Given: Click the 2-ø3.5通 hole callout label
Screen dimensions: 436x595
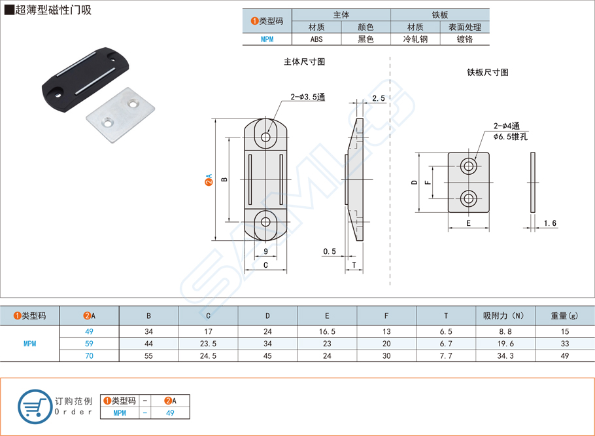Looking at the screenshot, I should pyautogui.click(x=308, y=97).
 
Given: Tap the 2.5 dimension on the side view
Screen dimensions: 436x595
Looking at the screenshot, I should pyautogui.click(x=377, y=98).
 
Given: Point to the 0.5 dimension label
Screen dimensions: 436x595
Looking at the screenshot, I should pyautogui.click(x=330, y=251).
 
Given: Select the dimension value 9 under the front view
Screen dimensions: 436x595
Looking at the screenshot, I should pyautogui.click(x=265, y=251).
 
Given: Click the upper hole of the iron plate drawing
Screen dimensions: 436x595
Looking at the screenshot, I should pyautogui.click(x=469, y=166).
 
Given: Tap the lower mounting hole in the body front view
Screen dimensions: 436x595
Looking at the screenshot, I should pyautogui.click(x=265, y=222).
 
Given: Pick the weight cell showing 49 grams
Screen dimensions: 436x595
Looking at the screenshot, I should pyautogui.click(x=564, y=355).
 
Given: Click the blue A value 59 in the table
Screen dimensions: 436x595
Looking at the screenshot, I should pyautogui.click(x=89, y=344).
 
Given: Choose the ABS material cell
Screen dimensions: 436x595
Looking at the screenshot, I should pyautogui.click(x=316, y=39).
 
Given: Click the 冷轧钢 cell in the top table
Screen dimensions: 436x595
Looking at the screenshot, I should pyautogui.click(x=415, y=39).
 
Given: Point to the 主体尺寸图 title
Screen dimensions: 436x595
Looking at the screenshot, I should pyautogui.click(x=304, y=62).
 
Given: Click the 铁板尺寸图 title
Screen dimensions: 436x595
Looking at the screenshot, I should pyautogui.click(x=487, y=73).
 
